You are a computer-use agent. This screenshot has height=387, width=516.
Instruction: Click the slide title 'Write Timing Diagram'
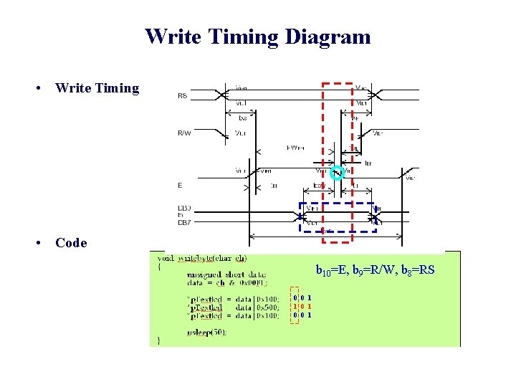(258, 36)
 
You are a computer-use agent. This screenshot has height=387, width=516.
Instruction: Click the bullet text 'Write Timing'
(97, 88)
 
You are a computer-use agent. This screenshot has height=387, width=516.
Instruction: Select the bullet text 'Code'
(71, 242)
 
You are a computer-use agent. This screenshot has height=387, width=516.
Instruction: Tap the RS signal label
(183, 95)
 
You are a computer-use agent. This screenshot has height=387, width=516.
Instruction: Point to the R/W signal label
(185, 132)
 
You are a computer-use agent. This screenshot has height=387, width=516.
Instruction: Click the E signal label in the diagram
(180, 185)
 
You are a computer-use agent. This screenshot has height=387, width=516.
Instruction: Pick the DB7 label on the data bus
(184, 222)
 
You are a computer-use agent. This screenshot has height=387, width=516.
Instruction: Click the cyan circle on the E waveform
(337, 172)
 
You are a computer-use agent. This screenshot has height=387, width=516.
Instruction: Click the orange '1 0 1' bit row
(302, 305)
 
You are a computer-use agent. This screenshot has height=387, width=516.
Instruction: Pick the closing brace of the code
(159, 340)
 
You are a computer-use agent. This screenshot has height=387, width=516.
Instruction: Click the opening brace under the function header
(159, 266)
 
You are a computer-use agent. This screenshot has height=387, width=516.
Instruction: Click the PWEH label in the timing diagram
(295, 148)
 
